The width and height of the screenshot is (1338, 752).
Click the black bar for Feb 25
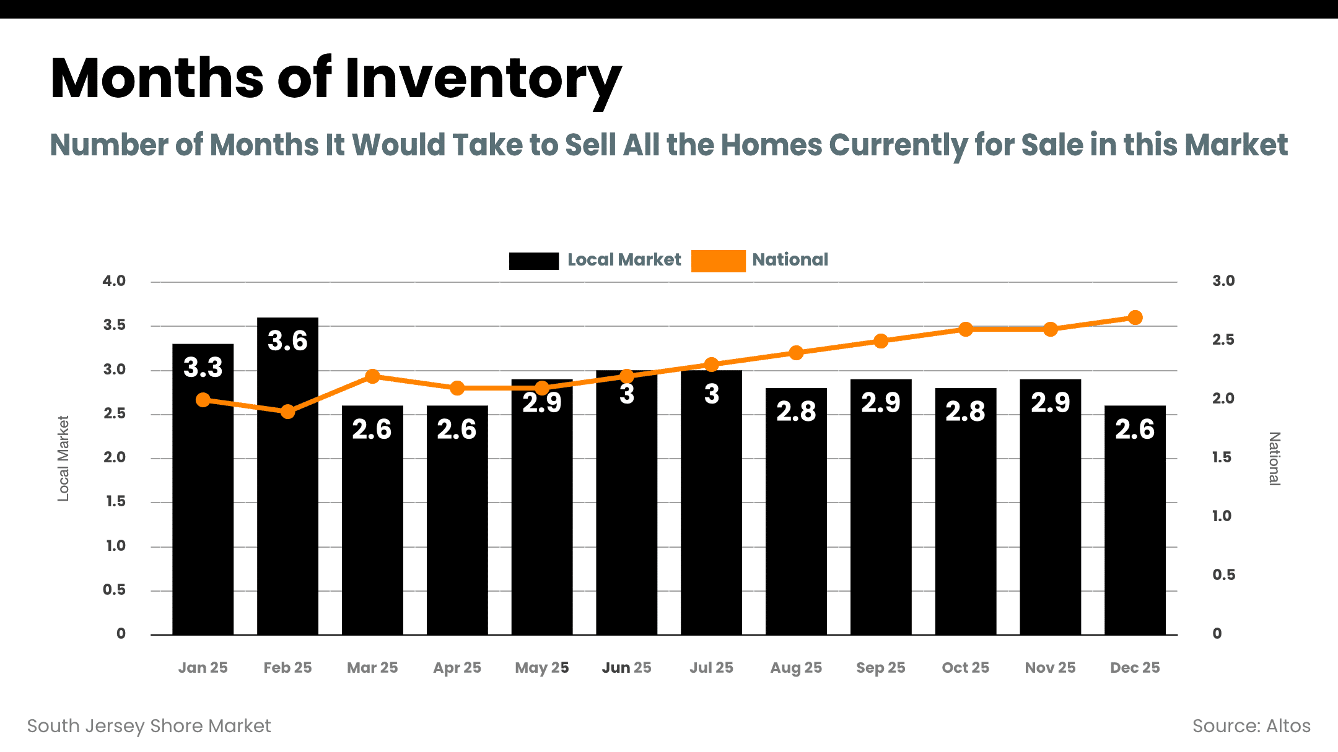287,483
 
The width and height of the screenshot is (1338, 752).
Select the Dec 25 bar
1135,526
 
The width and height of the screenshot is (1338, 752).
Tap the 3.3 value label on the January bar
203,368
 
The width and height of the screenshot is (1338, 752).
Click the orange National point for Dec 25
1135,318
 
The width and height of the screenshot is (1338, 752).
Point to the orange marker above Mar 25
372,376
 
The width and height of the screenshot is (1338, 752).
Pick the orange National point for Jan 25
203,400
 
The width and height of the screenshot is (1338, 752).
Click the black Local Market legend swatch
533,261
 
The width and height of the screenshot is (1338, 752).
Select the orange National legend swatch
718,261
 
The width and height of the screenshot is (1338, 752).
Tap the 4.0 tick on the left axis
114,281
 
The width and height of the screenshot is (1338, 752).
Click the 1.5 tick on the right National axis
1222,457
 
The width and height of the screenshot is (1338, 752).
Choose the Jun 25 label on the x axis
626,668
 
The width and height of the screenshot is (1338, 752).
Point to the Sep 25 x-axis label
880,668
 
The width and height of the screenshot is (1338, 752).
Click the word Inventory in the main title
483,79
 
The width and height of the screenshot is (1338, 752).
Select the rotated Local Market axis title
63,458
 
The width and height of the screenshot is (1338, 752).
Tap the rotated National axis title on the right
1274,459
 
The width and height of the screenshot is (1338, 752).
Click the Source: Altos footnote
1251,726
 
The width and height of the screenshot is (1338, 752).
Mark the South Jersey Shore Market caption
149,726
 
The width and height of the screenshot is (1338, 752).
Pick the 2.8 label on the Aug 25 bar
796,412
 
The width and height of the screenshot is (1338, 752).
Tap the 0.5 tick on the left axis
114,590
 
